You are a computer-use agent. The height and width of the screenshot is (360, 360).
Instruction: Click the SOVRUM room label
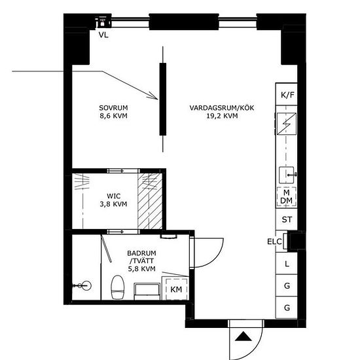(113, 108)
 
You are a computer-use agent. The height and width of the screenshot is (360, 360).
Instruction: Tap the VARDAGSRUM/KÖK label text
(222, 108)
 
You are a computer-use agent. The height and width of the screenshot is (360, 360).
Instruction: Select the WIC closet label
(114, 196)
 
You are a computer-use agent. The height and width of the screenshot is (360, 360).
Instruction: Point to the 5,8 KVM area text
(141, 268)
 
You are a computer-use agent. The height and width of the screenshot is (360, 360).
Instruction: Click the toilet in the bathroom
(118, 287)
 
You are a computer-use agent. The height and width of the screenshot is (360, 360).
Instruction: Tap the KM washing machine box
(176, 289)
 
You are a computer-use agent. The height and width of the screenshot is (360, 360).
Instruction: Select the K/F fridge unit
(287, 94)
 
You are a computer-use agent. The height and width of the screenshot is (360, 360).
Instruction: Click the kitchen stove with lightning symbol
(286, 124)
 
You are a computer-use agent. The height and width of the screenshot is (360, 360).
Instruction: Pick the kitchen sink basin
(286, 175)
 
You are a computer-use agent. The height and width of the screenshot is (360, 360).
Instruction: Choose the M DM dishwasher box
(286, 196)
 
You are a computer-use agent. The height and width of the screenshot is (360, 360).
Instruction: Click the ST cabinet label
(287, 220)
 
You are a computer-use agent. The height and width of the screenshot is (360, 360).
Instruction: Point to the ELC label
(274, 242)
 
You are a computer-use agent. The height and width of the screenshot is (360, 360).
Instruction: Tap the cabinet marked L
(287, 264)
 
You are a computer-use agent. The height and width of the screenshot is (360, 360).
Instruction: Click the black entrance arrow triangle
(243, 336)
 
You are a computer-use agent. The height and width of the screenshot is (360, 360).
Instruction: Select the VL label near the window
(103, 35)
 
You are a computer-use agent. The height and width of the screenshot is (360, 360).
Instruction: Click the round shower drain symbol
(87, 286)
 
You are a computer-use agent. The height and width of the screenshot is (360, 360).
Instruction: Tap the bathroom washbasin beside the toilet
(147, 291)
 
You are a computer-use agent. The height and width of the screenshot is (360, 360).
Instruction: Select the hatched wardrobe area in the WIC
(150, 201)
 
